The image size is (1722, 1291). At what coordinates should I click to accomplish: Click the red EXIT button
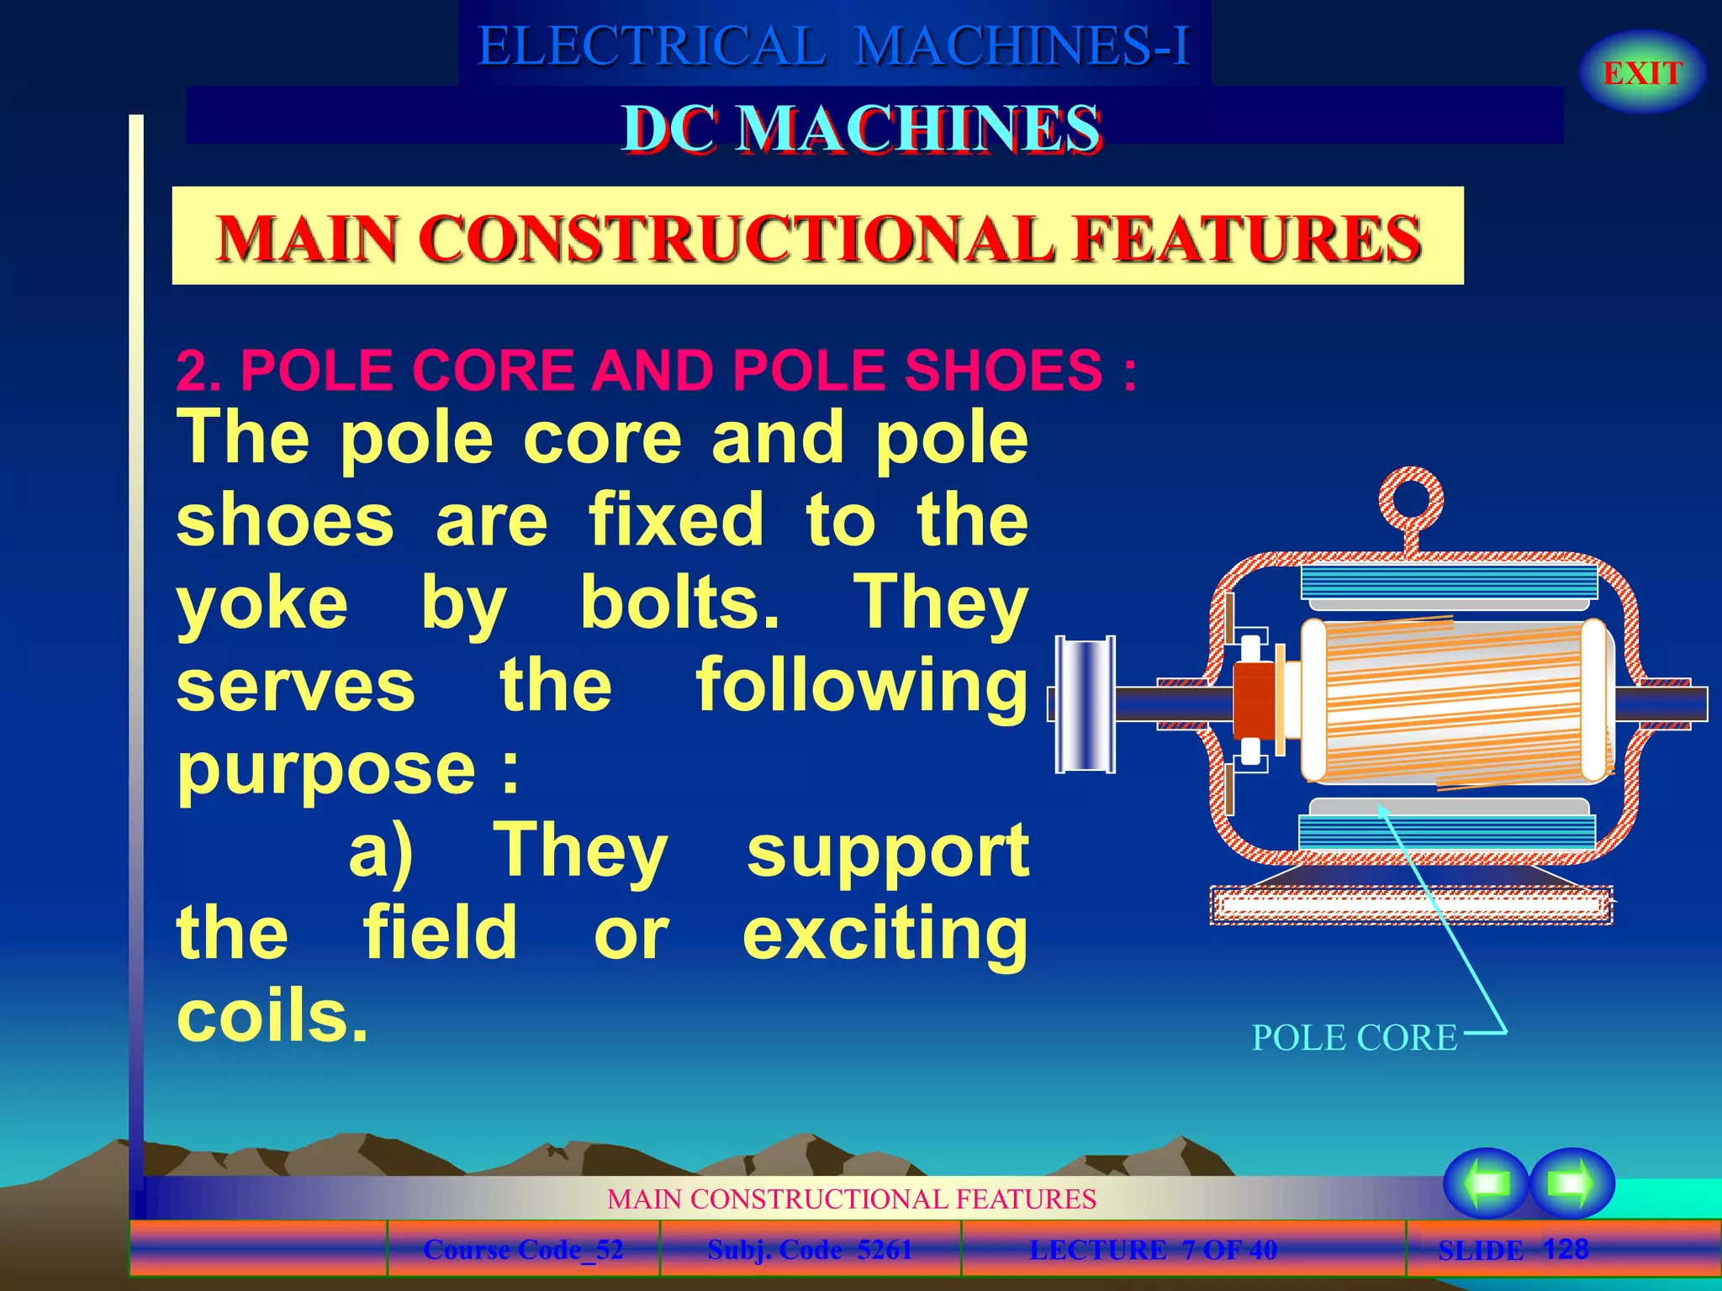click(x=1642, y=73)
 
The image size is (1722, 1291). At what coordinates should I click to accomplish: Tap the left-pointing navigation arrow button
click(x=1486, y=1183)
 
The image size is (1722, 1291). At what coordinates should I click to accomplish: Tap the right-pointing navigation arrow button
click(x=1571, y=1183)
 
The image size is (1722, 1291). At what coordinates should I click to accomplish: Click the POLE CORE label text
click(x=1354, y=1038)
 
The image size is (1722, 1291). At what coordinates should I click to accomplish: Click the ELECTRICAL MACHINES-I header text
click(x=833, y=45)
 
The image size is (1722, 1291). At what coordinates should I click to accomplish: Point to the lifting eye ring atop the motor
click(x=1411, y=500)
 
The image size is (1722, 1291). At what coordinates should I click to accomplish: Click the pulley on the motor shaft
click(x=1085, y=704)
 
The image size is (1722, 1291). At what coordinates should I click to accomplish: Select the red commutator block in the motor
click(x=1254, y=704)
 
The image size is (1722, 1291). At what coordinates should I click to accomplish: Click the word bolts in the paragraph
click(x=679, y=603)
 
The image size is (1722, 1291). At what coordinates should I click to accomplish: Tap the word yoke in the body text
click(x=262, y=603)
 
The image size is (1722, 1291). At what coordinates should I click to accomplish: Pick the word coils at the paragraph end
click(x=272, y=1016)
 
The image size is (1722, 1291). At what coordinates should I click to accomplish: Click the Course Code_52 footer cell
click(x=523, y=1250)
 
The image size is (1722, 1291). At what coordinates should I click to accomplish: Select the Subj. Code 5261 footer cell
click(x=810, y=1250)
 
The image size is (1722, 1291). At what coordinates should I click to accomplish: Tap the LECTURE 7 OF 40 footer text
click(x=1153, y=1250)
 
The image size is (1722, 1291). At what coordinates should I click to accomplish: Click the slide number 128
click(x=1566, y=1249)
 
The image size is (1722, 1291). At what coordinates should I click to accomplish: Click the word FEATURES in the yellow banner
click(x=1248, y=239)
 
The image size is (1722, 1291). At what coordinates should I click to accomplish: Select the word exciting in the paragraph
click(x=885, y=935)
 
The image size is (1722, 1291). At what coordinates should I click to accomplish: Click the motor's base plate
click(x=1411, y=906)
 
